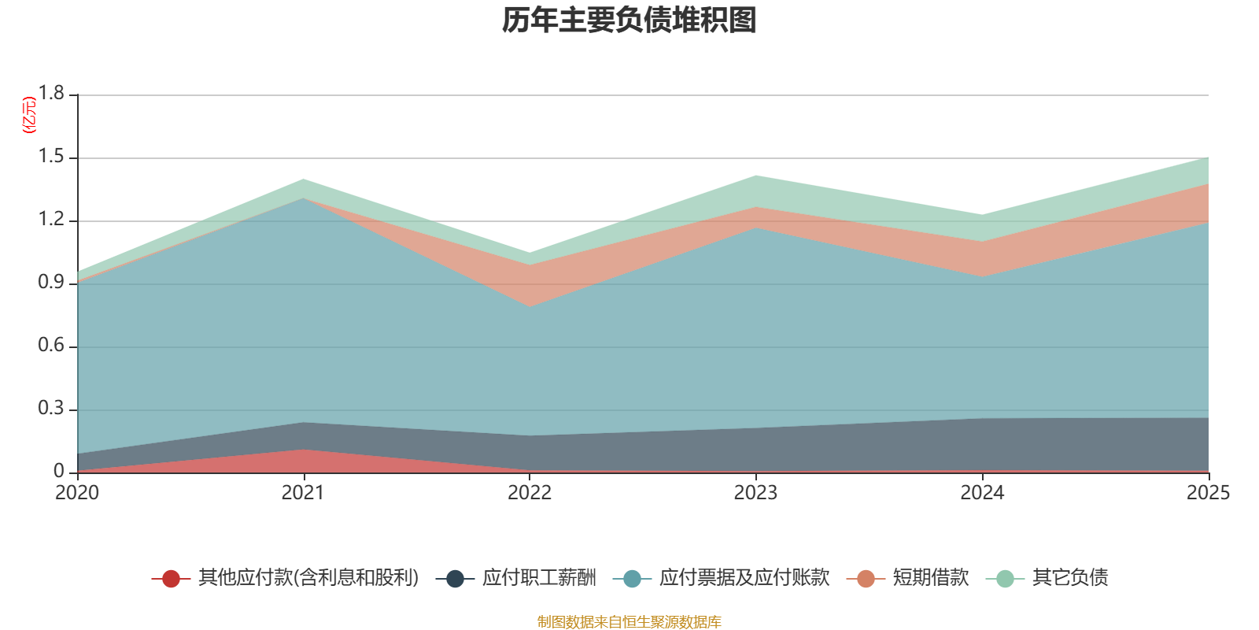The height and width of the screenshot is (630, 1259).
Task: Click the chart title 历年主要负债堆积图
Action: (629, 20)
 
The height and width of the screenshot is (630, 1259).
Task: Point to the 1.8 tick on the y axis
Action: (52, 94)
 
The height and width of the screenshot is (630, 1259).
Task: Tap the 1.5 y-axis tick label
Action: (52, 157)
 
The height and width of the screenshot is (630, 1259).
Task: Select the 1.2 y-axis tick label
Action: (52, 220)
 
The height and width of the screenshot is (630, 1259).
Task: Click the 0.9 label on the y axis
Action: (52, 283)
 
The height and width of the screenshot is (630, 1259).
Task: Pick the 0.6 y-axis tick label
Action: (52, 346)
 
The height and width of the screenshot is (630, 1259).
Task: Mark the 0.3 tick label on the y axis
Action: (52, 409)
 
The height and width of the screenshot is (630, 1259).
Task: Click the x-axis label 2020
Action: (77, 493)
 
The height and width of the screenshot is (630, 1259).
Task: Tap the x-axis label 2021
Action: (303, 493)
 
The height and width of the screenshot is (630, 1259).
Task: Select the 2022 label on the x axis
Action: (530, 493)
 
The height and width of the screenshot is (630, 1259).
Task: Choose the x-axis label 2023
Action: (755, 493)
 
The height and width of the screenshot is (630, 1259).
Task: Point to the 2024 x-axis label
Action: (982, 493)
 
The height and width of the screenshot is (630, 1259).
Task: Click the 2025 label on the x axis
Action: (1208, 493)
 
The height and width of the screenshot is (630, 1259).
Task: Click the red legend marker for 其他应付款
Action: (171, 579)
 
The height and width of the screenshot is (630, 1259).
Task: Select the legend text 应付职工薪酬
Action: (539, 578)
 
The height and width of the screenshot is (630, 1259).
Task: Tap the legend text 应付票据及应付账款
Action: (744, 578)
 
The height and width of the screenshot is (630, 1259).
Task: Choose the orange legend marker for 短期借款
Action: (866, 579)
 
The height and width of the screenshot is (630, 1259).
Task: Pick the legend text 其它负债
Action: (1070, 578)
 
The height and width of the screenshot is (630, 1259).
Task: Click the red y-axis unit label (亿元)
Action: (29, 115)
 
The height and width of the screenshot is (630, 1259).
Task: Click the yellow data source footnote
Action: (629, 622)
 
